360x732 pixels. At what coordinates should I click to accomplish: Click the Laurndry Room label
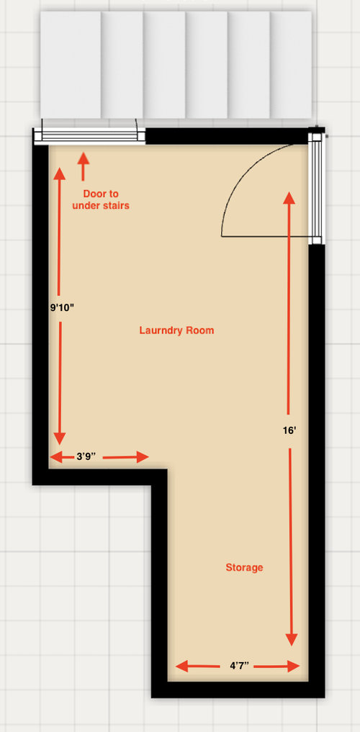click(176, 330)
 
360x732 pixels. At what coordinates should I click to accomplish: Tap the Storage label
click(244, 568)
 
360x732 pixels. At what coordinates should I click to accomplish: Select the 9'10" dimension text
click(62, 307)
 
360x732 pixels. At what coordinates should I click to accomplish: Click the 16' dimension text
click(289, 431)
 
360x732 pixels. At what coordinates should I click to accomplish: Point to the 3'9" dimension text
click(86, 456)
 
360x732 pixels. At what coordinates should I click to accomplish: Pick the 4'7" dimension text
click(239, 665)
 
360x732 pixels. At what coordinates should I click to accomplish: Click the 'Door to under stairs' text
click(100, 199)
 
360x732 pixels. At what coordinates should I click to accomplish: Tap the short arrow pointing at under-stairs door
click(83, 167)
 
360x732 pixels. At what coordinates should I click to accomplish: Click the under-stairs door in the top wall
click(90, 136)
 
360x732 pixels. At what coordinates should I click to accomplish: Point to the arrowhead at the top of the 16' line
click(289, 197)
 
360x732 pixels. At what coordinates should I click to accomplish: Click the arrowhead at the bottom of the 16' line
click(292, 640)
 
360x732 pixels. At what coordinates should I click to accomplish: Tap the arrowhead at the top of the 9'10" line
click(59, 173)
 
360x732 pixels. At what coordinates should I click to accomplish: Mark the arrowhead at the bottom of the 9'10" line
click(60, 439)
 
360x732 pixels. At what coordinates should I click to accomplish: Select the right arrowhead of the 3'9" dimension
click(143, 457)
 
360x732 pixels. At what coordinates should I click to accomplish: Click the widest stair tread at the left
click(71, 65)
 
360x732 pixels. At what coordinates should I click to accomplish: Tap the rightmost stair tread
click(291, 65)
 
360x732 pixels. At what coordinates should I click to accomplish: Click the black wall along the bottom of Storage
click(238, 690)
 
